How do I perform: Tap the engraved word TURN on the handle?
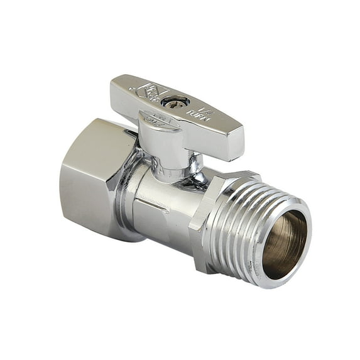pos(207,117)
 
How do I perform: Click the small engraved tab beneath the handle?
pos(155,119)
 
